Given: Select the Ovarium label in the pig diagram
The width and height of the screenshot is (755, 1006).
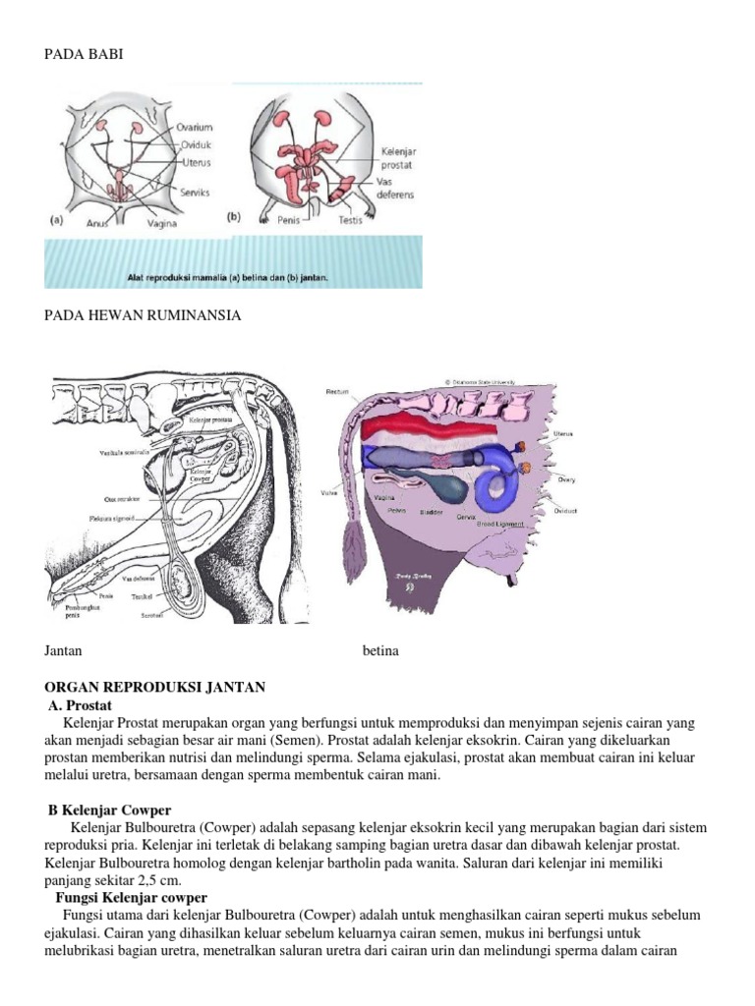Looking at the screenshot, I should pyautogui.click(x=196, y=127).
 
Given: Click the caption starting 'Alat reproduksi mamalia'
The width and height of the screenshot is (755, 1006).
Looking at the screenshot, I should pyautogui.click(x=227, y=277).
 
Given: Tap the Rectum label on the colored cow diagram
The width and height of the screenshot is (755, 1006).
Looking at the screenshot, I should pyautogui.click(x=337, y=391).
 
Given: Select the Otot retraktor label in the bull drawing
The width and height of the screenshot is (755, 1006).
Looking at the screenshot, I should pyautogui.click(x=125, y=498).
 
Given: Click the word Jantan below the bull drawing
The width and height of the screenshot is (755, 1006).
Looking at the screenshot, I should pyautogui.click(x=63, y=651).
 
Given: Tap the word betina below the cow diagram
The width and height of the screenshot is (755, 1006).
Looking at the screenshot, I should pyautogui.click(x=380, y=651).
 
